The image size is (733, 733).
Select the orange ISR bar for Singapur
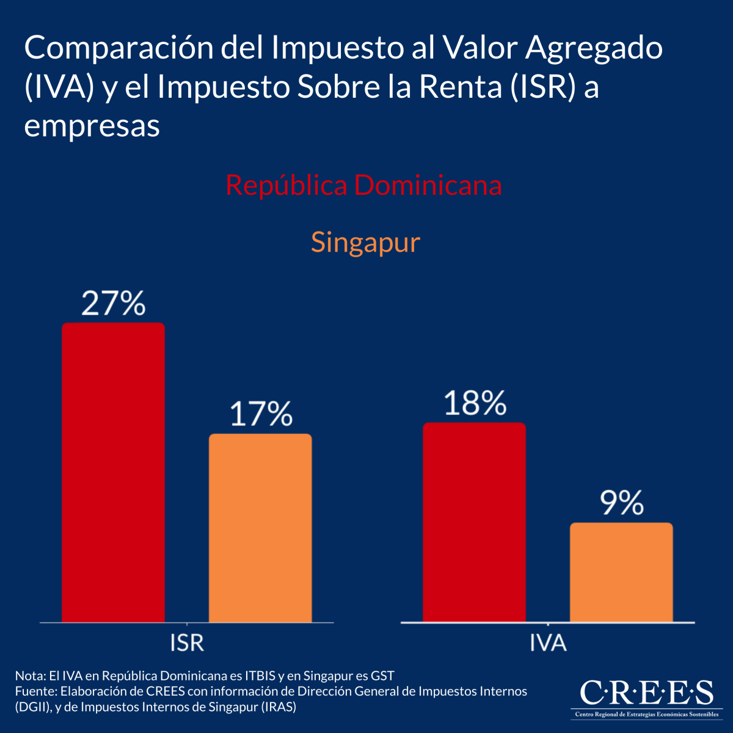(x=260, y=528)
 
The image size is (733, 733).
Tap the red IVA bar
(x=474, y=522)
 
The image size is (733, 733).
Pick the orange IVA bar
(x=621, y=572)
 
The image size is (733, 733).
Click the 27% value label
(x=114, y=304)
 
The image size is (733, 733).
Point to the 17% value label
(x=261, y=414)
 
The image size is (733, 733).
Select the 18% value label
(x=475, y=404)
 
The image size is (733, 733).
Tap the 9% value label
(x=621, y=503)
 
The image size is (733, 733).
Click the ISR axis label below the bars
(x=187, y=643)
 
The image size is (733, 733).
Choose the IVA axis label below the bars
(x=548, y=643)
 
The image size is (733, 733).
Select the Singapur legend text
(x=365, y=243)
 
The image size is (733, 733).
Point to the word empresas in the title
(x=92, y=126)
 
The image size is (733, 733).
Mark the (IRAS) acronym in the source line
(x=279, y=707)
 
